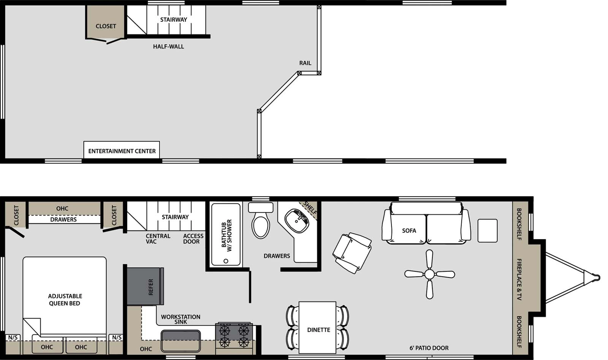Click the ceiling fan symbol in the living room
(429, 274)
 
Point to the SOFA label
(409, 230)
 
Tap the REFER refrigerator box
(145, 286)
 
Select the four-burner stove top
(234, 336)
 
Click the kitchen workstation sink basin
(180, 341)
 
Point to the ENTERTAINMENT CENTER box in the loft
(122, 151)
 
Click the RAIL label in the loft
(305, 63)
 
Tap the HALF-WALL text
(168, 46)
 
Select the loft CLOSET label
(106, 26)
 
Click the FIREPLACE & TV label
(519, 279)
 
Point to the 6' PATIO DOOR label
(429, 348)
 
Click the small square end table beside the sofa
(488, 230)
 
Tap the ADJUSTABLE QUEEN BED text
(65, 300)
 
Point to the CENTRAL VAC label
(158, 239)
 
